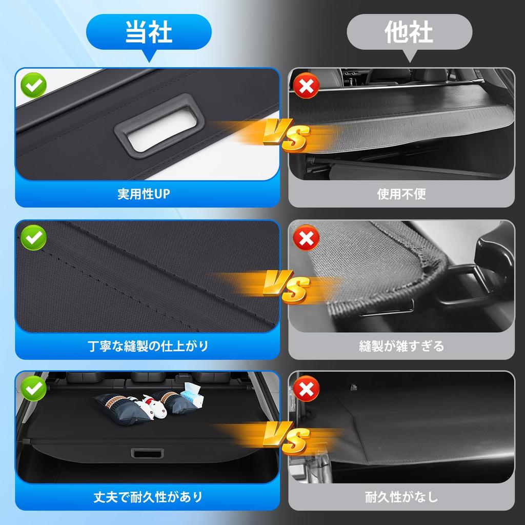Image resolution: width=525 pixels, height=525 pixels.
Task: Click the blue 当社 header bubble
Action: [149, 32]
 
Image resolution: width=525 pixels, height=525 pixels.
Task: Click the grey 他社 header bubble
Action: [409, 32]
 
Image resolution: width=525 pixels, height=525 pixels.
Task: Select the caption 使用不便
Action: [401, 194]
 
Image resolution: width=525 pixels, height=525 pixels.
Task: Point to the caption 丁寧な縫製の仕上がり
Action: [148, 346]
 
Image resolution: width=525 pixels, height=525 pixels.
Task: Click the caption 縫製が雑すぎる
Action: [401, 346]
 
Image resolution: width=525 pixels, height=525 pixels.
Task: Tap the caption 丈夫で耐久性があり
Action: [148, 497]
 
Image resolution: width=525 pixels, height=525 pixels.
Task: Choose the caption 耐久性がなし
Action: [401, 497]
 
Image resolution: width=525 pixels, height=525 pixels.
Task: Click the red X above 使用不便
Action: [306, 87]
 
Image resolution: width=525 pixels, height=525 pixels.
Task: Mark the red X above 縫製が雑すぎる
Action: [306, 238]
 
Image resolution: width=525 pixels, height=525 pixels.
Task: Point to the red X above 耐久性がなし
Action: [306, 390]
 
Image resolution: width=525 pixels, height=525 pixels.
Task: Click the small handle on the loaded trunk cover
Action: [147, 454]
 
